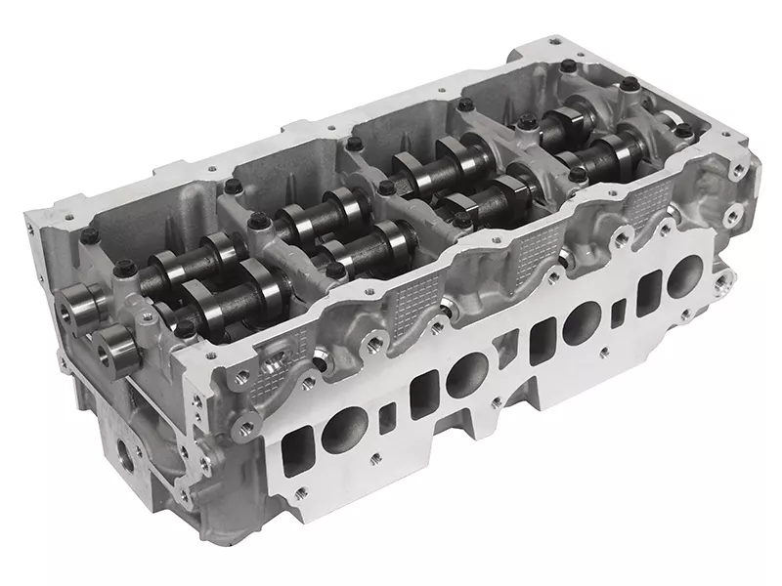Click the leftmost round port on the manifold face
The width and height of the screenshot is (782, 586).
pos(344,427)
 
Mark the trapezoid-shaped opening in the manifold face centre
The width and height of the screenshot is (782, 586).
pos(508,356)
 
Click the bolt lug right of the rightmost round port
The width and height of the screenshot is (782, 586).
pos(720,281)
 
